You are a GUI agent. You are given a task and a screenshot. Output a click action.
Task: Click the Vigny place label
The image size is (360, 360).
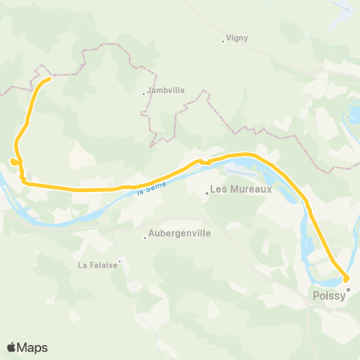pyautogui.click(x=237, y=37)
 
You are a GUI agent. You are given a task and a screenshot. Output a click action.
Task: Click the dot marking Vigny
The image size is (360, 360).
pyautogui.click(x=223, y=41)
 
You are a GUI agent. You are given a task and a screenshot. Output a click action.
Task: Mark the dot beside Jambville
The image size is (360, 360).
pyautogui.click(x=144, y=94)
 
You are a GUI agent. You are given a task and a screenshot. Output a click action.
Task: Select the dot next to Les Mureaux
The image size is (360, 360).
pyautogui.click(x=208, y=193)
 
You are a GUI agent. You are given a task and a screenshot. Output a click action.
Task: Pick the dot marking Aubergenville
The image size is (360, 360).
pyautogui.click(x=145, y=238)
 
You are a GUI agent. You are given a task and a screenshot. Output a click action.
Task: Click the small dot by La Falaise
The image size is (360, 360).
pyautogui.click(x=118, y=261)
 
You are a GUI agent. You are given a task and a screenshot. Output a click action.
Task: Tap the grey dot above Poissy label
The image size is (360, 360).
pyautogui.click(x=348, y=288)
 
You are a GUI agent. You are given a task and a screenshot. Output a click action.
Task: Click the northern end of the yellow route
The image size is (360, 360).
pyautogui.click(x=49, y=79)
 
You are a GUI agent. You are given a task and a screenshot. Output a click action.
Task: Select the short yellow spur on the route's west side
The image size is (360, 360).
pyautogui.click(x=13, y=161)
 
